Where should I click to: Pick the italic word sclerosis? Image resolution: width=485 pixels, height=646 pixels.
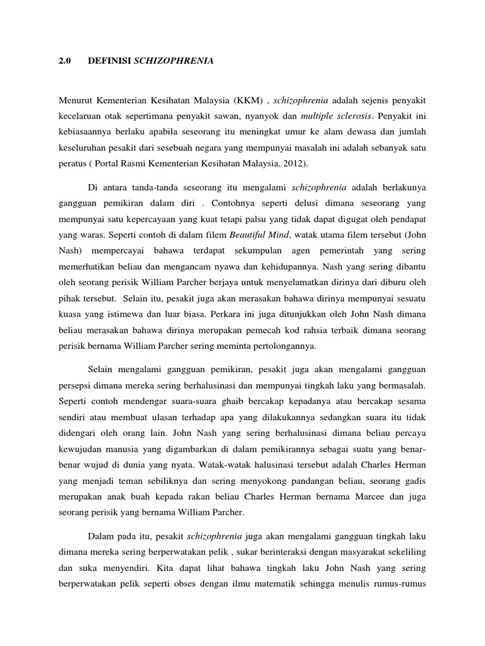point(351,117)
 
